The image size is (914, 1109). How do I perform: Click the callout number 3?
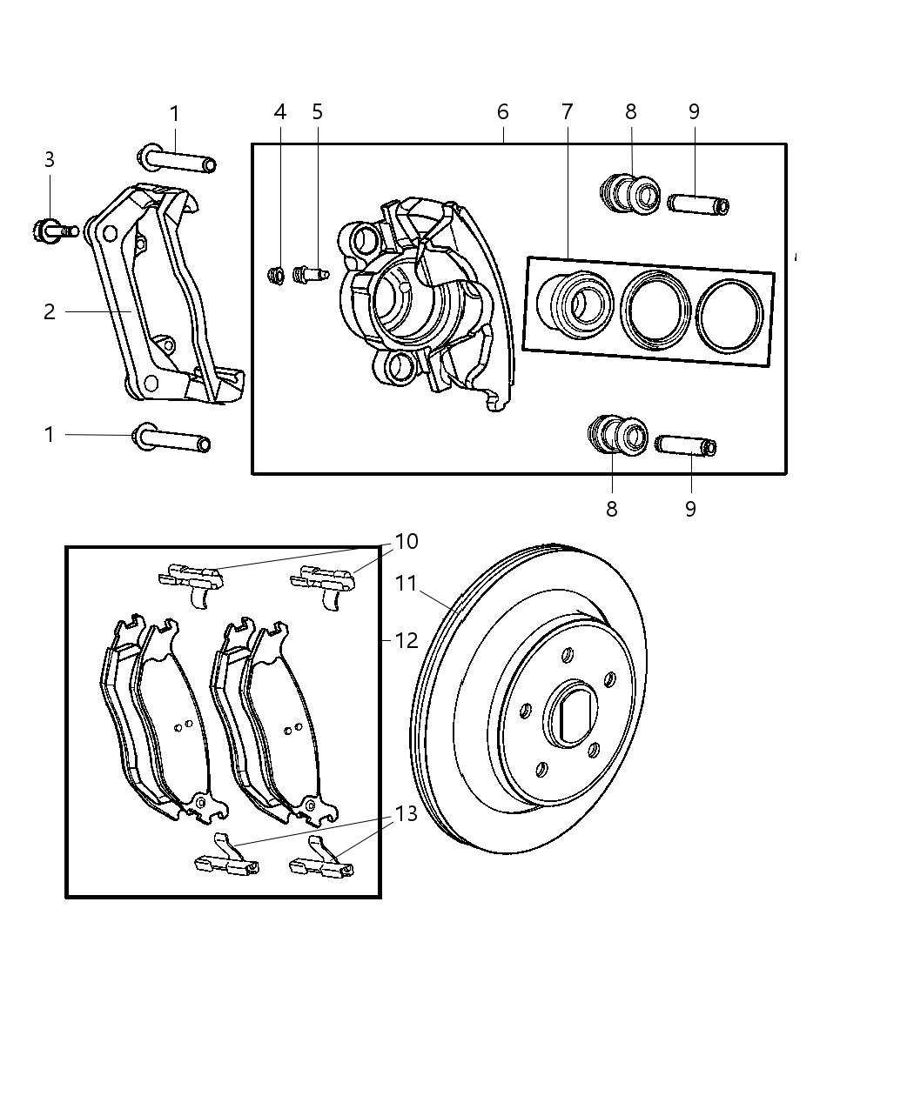click(50, 160)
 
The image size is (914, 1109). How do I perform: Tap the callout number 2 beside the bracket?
click(50, 311)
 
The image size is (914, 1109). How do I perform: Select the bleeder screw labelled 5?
click(309, 275)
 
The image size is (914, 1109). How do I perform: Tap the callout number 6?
click(502, 112)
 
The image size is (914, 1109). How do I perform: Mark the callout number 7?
click(567, 112)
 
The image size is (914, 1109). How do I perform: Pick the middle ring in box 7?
click(655, 311)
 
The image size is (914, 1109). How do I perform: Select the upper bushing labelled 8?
click(631, 195)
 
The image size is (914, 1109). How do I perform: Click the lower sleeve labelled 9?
click(687, 446)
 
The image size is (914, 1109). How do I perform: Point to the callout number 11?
click(407, 583)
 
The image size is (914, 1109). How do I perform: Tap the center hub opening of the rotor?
click(574, 713)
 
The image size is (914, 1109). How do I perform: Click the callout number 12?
click(407, 641)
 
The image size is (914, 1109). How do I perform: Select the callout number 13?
click(407, 814)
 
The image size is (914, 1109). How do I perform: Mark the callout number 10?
click(407, 542)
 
